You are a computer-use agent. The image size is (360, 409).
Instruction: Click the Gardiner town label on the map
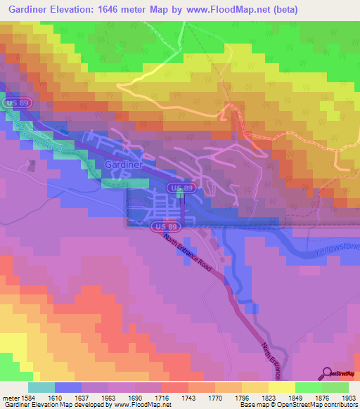pos(123,164)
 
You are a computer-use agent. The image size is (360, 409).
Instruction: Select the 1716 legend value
pos(149,397)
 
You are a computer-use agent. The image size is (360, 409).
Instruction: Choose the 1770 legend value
pos(205,397)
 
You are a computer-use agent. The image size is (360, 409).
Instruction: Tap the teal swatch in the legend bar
pos(41,387)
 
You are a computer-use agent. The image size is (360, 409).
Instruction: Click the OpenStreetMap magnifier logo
pos(328,375)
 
